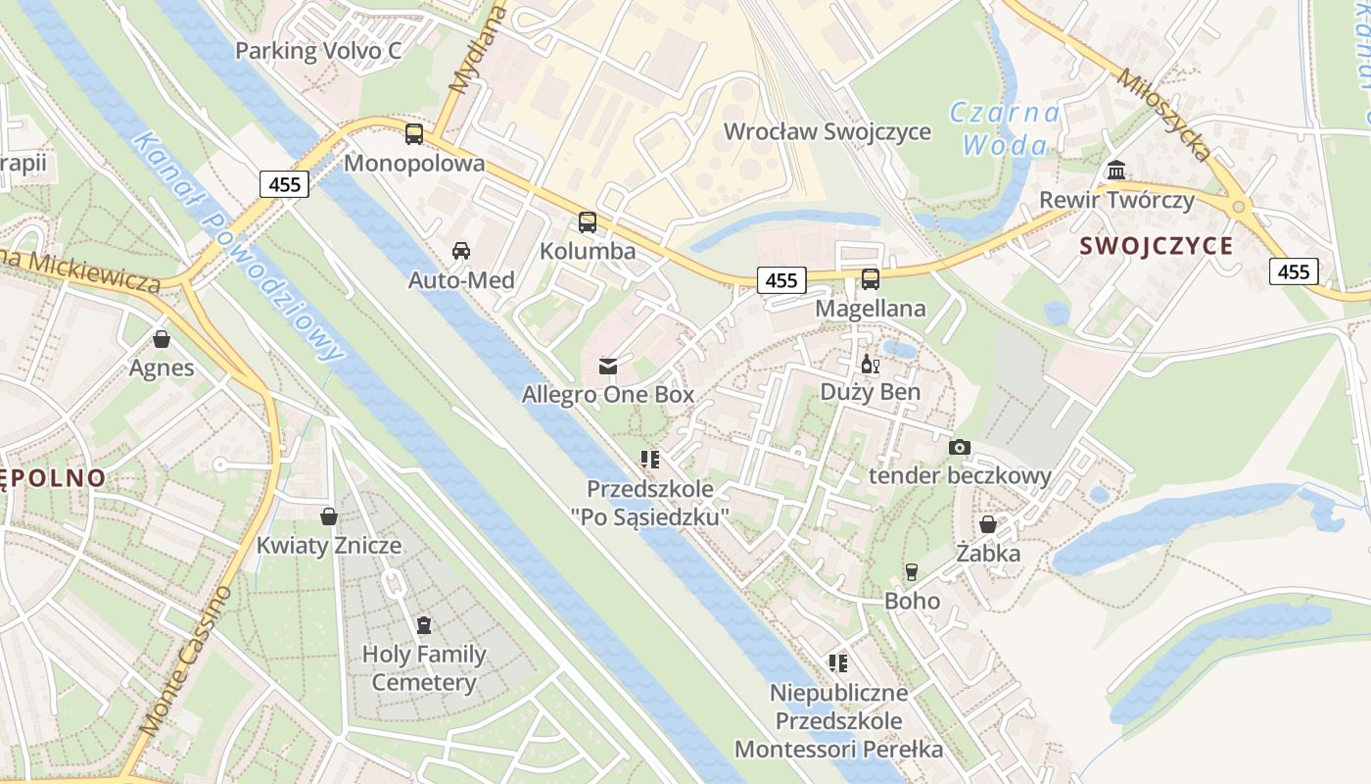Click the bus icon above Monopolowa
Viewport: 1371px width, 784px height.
tap(414, 134)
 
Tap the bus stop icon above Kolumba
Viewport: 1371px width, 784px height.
tap(588, 222)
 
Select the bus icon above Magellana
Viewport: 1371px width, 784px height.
tap(871, 279)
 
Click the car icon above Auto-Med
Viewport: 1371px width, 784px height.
tap(461, 251)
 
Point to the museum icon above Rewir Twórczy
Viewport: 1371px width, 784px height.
tap(1116, 171)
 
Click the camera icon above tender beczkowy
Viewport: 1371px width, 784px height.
tap(960, 447)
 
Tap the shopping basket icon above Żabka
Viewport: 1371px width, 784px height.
tap(988, 524)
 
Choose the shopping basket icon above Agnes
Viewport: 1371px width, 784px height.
tap(162, 339)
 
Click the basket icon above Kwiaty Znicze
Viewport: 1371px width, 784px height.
tap(329, 516)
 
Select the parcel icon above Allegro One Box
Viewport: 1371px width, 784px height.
tap(608, 366)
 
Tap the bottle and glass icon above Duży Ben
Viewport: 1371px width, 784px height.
tap(870, 364)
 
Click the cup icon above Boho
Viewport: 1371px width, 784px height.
tap(912, 571)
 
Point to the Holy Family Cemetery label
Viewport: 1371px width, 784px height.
tap(424, 668)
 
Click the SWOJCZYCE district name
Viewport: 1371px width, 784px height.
tap(1157, 246)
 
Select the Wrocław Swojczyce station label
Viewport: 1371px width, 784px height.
tap(827, 131)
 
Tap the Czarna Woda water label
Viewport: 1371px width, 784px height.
tap(1005, 129)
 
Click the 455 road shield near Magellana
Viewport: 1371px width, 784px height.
tap(781, 280)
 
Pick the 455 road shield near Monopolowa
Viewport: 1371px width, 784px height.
tap(285, 183)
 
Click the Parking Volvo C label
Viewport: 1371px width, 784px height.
tap(318, 51)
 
